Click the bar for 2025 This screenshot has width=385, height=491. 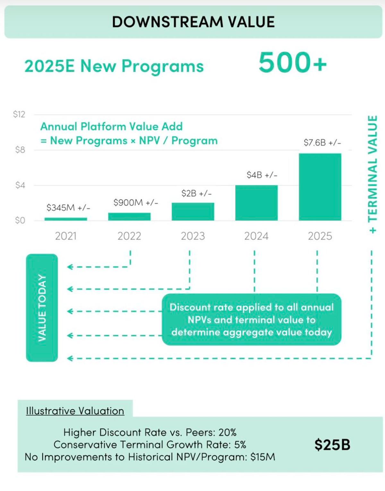pyautogui.click(x=320, y=187)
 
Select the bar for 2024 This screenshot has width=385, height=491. pyautogui.click(x=256, y=203)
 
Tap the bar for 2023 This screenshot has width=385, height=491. pyautogui.click(x=193, y=211)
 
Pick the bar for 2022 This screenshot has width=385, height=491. pyautogui.click(x=129, y=217)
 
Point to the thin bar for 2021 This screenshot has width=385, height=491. pyautogui.click(x=66, y=219)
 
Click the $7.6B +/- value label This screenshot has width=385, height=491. pyautogui.click(x=322, y=142)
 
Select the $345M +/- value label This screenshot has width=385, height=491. pyautogui.click(x=68, y=208)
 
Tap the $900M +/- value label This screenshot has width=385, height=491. pyautogui.click(x=136, y=202)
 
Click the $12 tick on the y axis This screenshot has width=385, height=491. pyautogui.click(x=19, y=114)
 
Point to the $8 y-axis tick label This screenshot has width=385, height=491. pyautogui.click(x=20, y=150)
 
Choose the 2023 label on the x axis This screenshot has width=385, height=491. pyautogui.click(x=193, y=236)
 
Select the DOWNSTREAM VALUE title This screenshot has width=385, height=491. pyautogui.click(x=193, y=22)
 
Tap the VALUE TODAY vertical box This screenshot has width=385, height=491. pyautogui.click(x=42, y=308)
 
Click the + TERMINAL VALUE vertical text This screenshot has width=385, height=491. pyautogui.click(x=372, y=174)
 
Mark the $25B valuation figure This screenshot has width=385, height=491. pyautogui.click(x=332, y=445)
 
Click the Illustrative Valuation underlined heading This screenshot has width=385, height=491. pyautogui.click(x=75, y=411)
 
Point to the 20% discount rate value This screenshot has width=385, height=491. pyautogui.click(x=227, y=432)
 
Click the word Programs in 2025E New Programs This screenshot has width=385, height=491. pyautogui.click(x=163, y=66)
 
